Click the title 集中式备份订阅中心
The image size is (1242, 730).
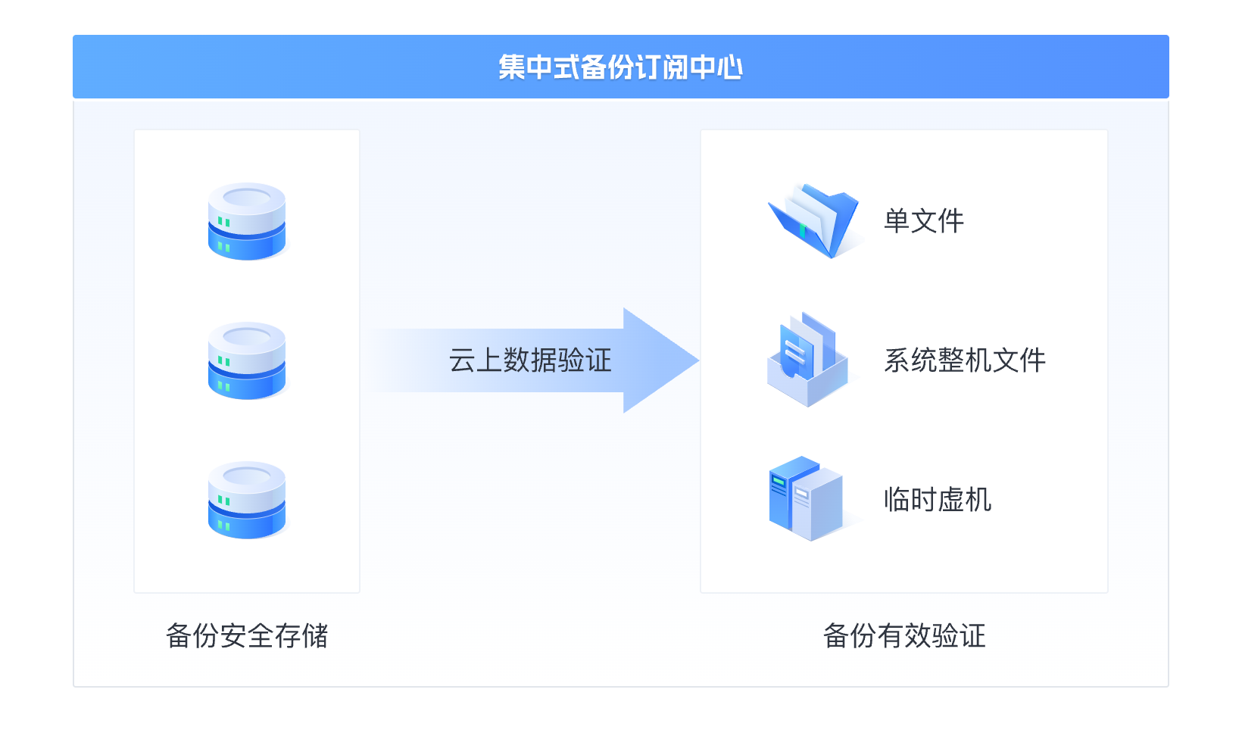coord(620,67)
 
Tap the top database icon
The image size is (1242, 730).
coord(247,221)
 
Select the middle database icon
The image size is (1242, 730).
coord(247,360)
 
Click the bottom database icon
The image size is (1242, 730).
coord(247,500)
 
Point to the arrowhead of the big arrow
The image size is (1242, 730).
coord(659,360)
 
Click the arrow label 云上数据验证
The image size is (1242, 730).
coord(530,360)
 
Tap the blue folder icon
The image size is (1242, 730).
coord(814,220)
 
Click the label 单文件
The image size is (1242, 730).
coord(924,221)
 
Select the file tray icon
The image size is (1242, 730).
coord(807,360)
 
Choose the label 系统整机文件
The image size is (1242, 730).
coord(965,360)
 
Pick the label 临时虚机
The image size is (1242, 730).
coord(938,500)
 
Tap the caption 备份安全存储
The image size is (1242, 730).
coord(247,636)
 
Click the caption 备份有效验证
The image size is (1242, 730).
coord(904,636)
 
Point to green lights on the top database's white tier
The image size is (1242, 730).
coord(224,222)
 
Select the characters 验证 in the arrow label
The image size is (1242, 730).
coord(585,360)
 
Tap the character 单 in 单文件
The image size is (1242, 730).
coord(897,221)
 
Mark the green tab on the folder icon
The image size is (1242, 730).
coord(803,229)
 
